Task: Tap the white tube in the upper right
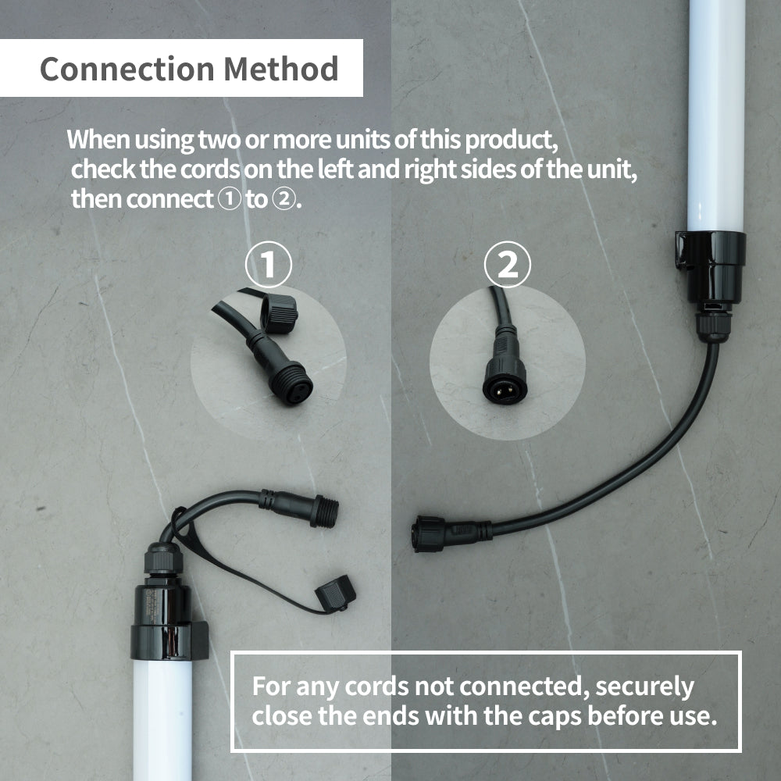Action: coord(715,109)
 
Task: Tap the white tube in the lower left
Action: coord(162,719)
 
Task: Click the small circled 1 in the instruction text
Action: coord(227,199)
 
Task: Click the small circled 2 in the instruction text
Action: coord(281,199)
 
